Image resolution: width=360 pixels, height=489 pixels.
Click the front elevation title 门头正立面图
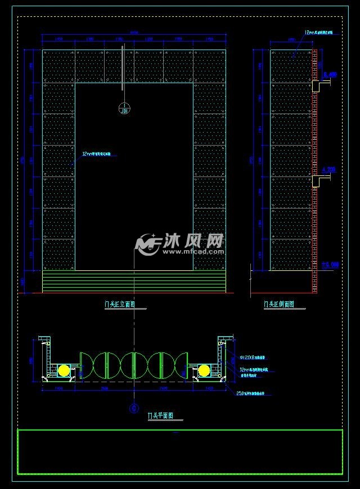[x=119, y=304]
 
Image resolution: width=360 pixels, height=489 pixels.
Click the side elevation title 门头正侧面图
[x=279, y=304]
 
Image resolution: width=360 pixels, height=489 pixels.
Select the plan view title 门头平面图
[x=160, y=416]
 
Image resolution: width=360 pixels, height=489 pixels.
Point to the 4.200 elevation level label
[x=329, y=169]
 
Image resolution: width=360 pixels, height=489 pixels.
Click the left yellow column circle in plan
[x=64, y=370]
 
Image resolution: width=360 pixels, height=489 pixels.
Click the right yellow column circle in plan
[x=204, y=370]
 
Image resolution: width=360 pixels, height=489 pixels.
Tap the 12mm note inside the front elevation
[x=97, y=153]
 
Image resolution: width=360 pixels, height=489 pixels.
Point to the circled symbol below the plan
[x=134, y=409]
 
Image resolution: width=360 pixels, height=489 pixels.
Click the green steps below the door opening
[x=134, y=281]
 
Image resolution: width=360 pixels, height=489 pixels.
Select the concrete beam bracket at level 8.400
[x=319, y=86]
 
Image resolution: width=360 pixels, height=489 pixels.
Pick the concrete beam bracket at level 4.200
[x=319, y=180]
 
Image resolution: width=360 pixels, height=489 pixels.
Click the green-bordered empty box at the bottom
[x=180, y=452]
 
